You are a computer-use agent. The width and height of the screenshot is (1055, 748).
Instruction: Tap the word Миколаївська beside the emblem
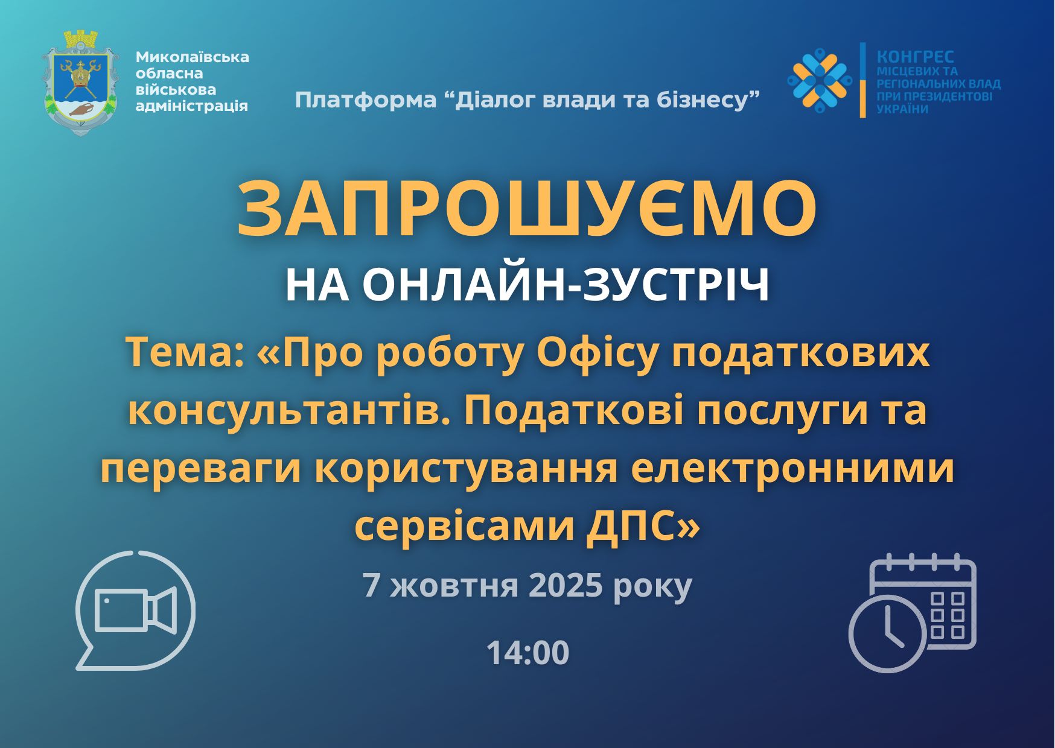[193, 57]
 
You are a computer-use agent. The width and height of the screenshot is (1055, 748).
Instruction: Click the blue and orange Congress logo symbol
[819, 80]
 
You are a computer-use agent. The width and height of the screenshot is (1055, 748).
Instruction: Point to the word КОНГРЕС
[915, 57]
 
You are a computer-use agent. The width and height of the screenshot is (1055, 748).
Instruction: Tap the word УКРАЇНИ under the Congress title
[902, 109]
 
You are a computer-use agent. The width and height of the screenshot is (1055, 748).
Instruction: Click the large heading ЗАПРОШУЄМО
[527, 209]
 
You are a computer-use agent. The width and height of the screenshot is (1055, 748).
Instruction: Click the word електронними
[793, 470]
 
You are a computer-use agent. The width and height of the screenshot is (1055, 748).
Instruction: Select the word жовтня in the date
[454, 586]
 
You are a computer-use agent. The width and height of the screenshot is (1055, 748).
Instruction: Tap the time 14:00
[527, 653]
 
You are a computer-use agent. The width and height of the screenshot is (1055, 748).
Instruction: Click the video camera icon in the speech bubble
[136, 610]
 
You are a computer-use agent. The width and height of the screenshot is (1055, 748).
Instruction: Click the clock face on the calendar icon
[888, 633]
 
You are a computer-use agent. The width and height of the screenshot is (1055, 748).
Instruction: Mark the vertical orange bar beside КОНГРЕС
[863, 80]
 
